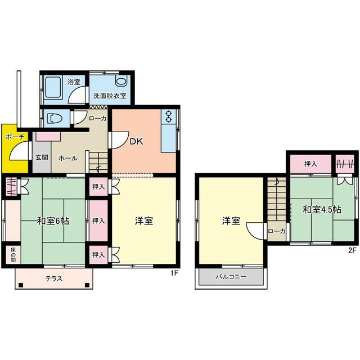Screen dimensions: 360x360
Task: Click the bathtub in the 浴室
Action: pos(53,87)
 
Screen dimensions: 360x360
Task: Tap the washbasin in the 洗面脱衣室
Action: pos(121,81)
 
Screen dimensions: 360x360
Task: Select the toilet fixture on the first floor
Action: pos(55,119)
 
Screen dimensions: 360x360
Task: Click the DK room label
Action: pos(136,141)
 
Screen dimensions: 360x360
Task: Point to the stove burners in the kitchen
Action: pos(169,116)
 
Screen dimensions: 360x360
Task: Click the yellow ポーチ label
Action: pos(15,137)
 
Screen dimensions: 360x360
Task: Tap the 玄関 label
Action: pos(42,157)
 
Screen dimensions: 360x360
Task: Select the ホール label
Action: pos(68,158)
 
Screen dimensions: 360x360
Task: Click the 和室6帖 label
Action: pos(53,221)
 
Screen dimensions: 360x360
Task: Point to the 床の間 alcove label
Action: pos(13,255)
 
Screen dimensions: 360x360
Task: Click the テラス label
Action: pos(54,278)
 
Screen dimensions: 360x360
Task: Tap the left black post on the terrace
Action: pos(21,285)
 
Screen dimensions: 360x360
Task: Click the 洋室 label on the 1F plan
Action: pos(144,221)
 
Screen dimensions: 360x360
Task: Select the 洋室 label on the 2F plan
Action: pos(231,221)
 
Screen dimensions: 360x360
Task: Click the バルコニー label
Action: pos(231,277)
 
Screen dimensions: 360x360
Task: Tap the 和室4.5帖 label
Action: pos(322,210)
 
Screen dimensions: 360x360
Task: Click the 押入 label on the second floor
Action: pos(310,164)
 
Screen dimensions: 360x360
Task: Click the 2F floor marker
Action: pos(352,250)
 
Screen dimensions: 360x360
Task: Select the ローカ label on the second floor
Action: pos(277,231)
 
